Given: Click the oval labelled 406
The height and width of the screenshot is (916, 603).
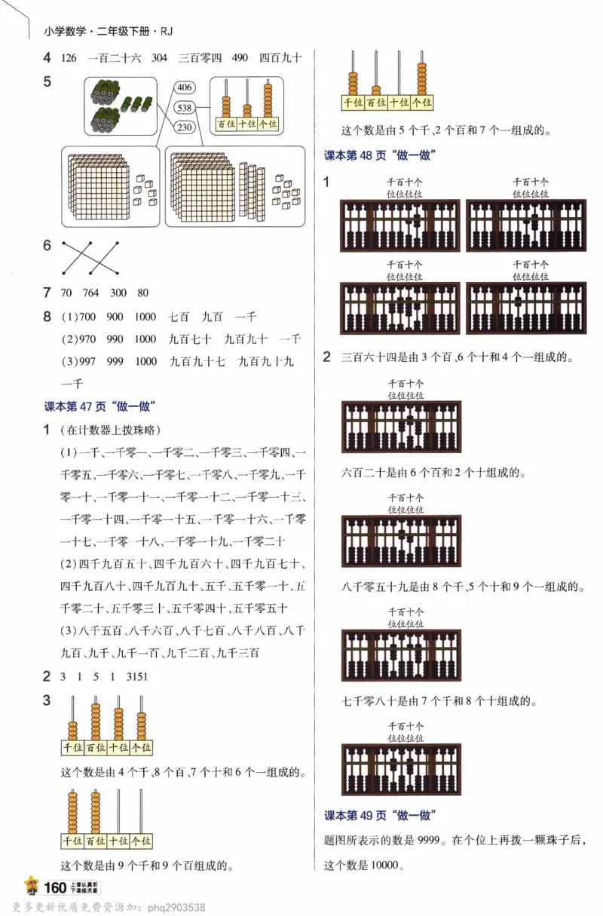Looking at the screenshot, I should tap(184, 88).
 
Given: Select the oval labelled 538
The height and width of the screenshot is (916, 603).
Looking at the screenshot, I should tap(184, 108).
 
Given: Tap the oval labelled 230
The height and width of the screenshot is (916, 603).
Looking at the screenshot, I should tap(184, 127).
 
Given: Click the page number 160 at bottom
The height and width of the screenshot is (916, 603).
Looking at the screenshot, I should tap(56, 887).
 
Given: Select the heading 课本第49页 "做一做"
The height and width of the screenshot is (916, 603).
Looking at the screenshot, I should tap(381, 816).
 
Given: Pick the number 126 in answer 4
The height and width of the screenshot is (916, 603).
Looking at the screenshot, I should tap(69, 57).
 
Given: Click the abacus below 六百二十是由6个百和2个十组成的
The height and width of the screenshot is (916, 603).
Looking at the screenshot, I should tap(401, 541).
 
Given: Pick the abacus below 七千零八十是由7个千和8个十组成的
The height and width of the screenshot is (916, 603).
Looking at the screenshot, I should tap(401, 770).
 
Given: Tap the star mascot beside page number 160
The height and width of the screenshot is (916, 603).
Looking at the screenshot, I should tap(32, 886).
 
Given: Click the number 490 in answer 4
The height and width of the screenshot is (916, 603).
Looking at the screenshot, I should tap(240, 57).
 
